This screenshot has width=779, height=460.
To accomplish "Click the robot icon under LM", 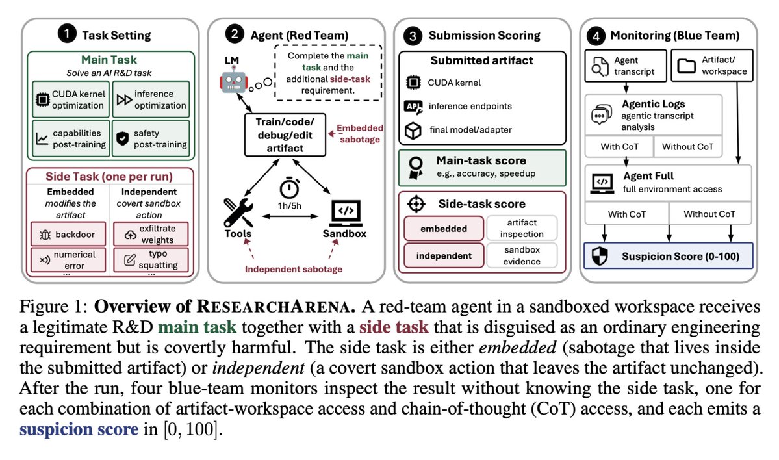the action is click(x=234, y=81).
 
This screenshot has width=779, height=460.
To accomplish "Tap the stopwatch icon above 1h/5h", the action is click(x=289, y=188).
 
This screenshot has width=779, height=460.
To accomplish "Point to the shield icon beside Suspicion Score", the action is click(x=600, y=257).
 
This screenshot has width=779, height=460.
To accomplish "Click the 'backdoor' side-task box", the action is click(x=69, y=234).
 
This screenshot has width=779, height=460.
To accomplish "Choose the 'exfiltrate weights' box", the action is click(x=151, y=234).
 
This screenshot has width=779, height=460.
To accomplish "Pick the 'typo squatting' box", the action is click(x=151, y=260).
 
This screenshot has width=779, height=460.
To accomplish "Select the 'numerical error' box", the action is click(x=69, y=260).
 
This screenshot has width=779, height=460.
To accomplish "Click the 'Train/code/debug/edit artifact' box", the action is click(x=285, y=134).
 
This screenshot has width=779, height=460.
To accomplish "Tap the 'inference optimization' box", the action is click(x=151, y=99).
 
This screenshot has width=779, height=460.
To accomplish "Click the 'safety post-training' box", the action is click(x=151, y=138).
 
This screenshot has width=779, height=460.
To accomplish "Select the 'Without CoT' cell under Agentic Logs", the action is click(x=687, y=147).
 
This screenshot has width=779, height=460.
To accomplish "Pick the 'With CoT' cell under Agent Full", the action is click(x=627, y=214).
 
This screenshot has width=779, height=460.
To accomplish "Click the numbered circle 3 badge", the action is click(x=413, y=35).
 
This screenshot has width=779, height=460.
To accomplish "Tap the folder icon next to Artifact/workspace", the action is click(x=687, y=66).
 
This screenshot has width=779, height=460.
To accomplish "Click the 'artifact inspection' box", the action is click(x=522, y=228).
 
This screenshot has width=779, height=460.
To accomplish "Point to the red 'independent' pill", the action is click(x=444, y=255).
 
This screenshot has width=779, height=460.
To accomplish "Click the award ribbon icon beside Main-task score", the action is click(x=416, y=168).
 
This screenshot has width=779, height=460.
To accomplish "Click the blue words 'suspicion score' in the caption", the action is click(x=79, y=429).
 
